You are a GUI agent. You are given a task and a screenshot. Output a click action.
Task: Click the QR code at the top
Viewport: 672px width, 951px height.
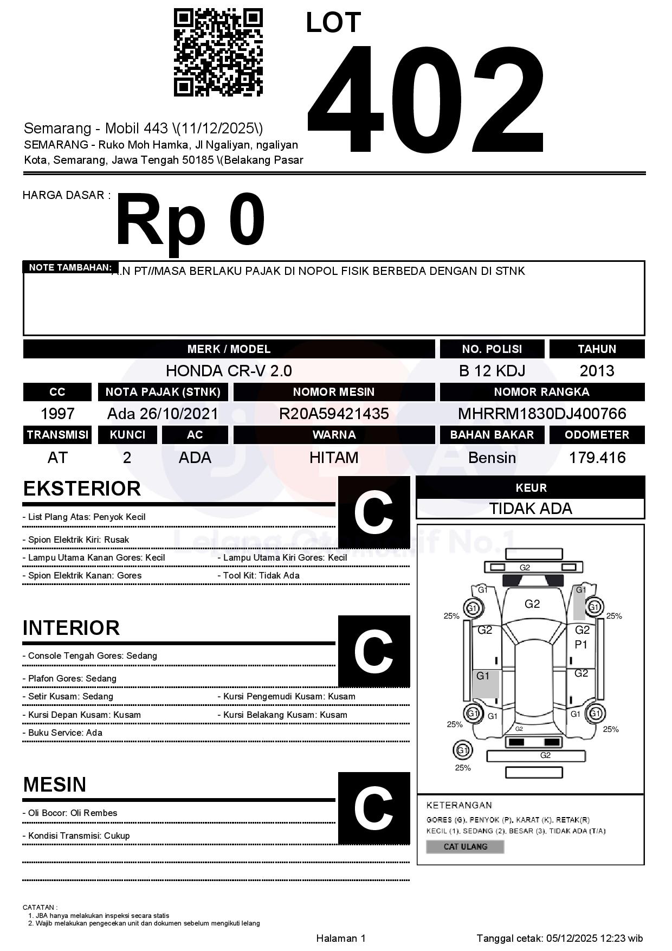(x=218, y=53)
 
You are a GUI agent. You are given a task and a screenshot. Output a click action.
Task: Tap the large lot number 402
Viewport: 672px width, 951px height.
(x=426, y=99)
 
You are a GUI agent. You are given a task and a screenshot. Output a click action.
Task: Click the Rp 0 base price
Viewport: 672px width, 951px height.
(x=190, y=221)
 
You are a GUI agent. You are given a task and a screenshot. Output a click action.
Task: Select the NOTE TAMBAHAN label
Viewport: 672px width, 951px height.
(x=70, y=267)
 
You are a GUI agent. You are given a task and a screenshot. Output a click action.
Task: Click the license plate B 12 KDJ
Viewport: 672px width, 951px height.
(x=492, y=371)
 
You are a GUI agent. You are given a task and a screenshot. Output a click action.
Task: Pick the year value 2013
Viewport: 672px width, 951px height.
(x=597, y=371)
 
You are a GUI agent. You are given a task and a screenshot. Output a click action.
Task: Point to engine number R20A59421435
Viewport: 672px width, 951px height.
(x=334, y=414)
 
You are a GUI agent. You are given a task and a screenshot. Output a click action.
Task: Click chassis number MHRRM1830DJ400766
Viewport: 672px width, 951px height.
(x=542, y=414)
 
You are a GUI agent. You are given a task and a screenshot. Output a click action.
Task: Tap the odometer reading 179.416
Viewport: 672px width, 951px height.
(x=597, y=458)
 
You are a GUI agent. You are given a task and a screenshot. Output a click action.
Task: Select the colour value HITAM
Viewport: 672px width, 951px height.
(x=334, y=458)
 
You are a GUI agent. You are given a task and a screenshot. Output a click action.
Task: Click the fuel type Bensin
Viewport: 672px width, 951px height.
(x=492, y=458)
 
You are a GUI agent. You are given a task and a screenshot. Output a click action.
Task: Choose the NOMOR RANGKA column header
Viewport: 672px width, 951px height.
(x=542, y=392)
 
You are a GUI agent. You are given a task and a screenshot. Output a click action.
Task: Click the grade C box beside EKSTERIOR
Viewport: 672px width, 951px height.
(x=373, y=512)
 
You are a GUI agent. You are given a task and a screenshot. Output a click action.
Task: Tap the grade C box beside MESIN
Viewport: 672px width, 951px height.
(x=373, y=808)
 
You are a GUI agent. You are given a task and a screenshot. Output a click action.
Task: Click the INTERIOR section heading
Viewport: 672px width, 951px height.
(x=71, y=628)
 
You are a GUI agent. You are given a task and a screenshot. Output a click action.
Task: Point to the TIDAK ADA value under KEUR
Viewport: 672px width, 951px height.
(x=531, y=509)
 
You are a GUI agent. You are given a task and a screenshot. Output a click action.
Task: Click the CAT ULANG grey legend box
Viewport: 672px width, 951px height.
(x=465, y=846)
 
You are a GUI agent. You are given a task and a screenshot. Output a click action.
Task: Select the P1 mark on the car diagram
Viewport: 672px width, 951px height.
(x=581, y=645)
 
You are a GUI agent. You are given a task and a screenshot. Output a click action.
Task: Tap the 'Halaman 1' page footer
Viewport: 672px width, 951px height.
(x=341, y=938)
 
